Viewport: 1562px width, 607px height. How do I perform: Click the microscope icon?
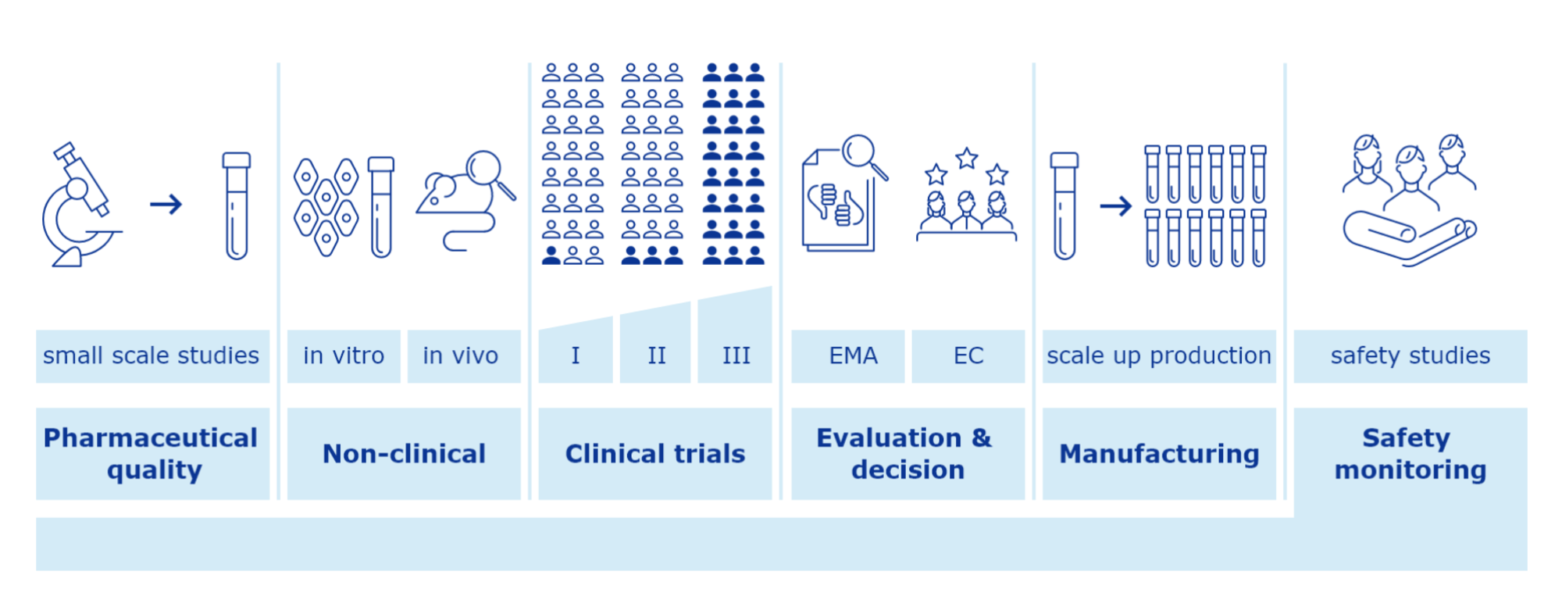(x=80, y=205)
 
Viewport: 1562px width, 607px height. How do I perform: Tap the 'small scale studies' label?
(x=152, y=356)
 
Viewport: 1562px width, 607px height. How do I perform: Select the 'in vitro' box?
(x=344, y=356)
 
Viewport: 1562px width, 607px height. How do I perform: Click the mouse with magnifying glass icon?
(x=465, y=200)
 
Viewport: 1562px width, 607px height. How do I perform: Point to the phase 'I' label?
(x=576, y=356)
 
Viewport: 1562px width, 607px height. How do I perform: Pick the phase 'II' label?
(x=656, y=356)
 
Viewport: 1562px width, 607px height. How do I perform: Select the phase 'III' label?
(x=735, y=356)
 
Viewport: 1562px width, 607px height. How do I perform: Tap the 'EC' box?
(x=968, y=356)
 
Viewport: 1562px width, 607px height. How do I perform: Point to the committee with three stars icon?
(x=967, y=195)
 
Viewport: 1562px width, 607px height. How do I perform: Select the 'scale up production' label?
(x=1159, y=356)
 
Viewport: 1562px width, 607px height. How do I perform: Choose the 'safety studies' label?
(x=1410, y=356)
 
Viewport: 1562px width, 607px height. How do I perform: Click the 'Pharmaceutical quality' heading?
(x=152, y=454)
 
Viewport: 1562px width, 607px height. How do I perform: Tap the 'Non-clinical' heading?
(x=404, y=454)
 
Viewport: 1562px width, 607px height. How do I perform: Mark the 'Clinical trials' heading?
(x=655, y=454)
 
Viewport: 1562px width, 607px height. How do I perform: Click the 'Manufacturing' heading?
(x=1159, y=454)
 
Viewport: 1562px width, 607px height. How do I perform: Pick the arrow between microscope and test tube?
(x=166, y=205)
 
